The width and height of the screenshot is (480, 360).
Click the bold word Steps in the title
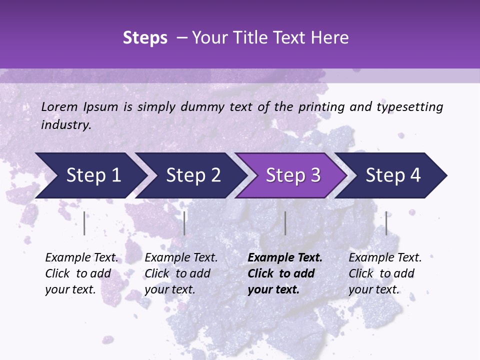point(145,38)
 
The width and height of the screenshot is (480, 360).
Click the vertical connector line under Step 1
point(84,223)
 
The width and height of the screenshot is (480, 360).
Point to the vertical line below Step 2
point(184,223)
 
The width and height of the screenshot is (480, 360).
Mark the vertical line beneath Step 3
point(285,223)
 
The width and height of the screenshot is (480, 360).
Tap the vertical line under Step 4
point(386,223)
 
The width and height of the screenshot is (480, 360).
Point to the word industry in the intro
point(66,124)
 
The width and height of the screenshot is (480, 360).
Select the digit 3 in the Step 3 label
point(314,175)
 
